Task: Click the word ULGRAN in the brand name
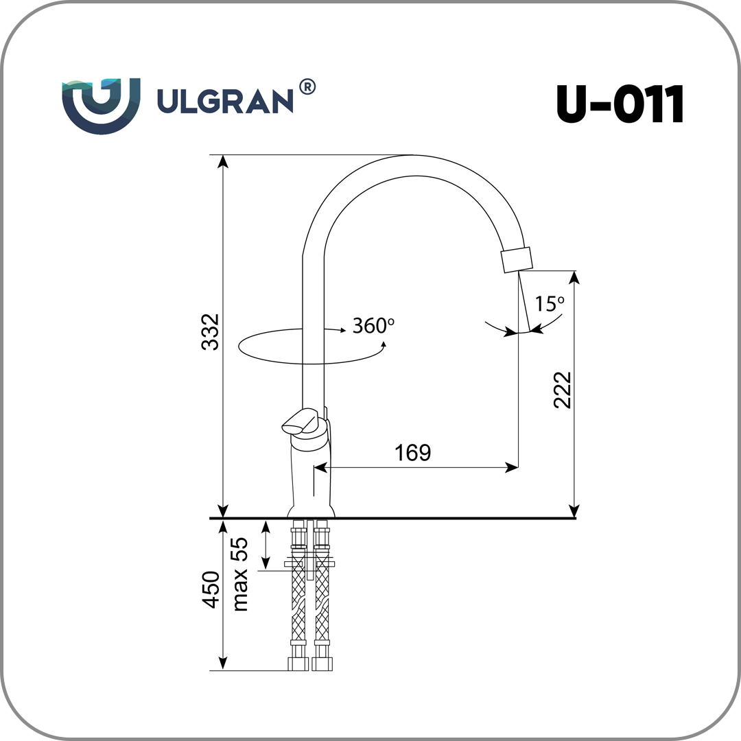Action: coord(225,101)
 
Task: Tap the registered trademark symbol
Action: coord(307,87)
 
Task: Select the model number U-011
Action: coord(620,104)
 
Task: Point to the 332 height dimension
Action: coord(211,332)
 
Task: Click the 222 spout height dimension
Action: coord(563,390)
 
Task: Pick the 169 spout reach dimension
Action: coord(412,453)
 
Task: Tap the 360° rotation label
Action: coord(373,326)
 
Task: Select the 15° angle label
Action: coord(550,304)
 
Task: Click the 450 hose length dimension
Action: coord(211,589)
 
